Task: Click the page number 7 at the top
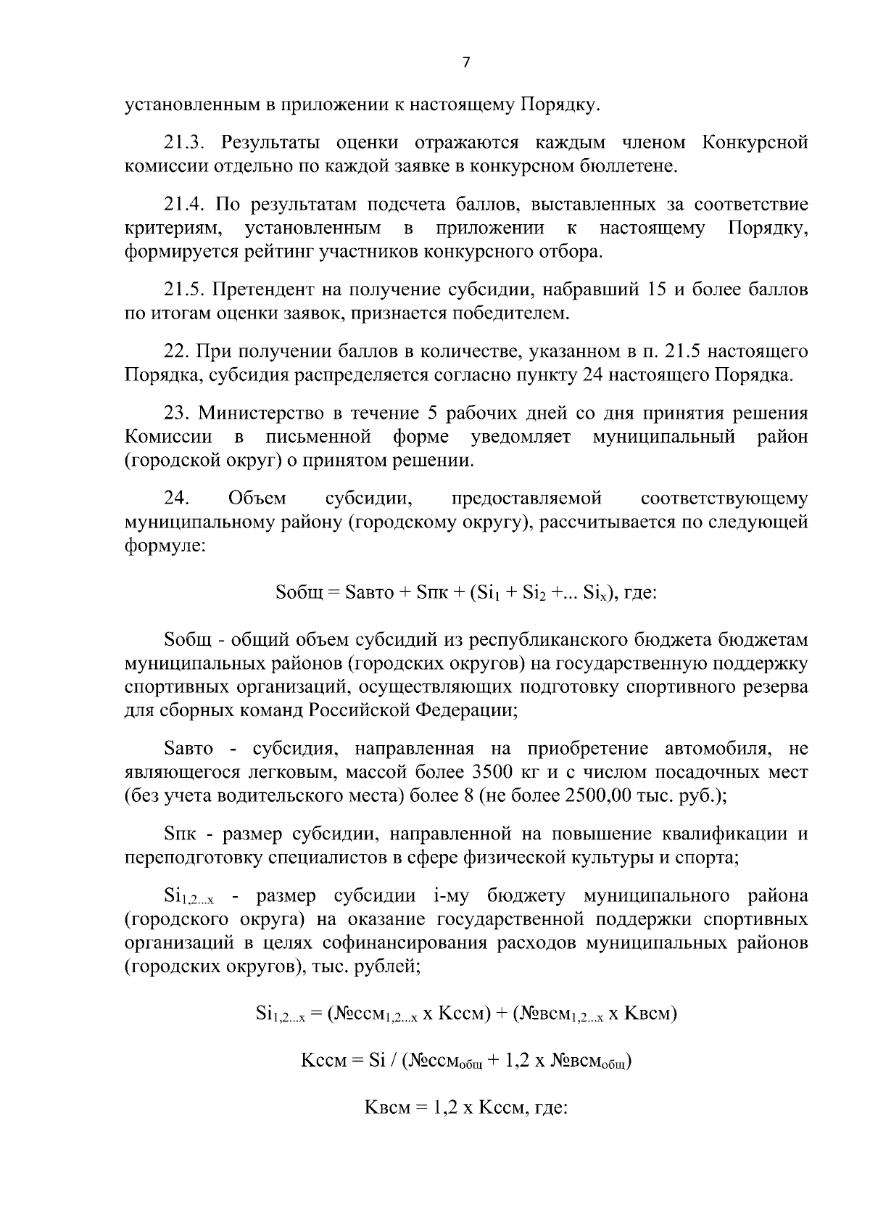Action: (x=466, y=63)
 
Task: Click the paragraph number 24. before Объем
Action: (x=177, y=498)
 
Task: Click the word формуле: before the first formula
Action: (x=165, y=545)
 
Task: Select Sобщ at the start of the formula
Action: (x=299, y=593)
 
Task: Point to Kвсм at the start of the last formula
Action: (x=386, y=1109)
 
